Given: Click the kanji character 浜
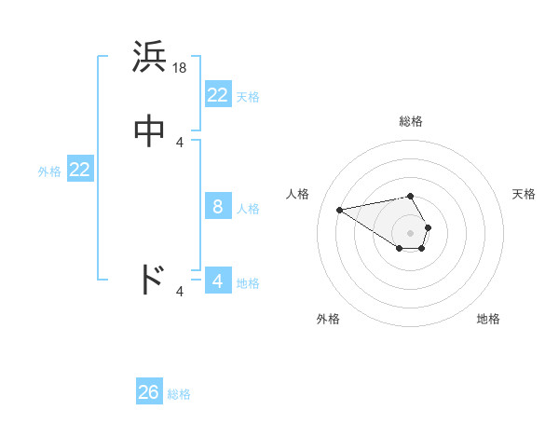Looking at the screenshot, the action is (150, 59).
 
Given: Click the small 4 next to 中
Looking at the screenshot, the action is (180, 143).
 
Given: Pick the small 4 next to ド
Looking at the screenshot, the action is (180, 293).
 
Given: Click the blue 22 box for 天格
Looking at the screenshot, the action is (218, 95).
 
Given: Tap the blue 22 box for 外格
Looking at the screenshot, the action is (80, 170).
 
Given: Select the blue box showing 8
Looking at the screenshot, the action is (218, 207).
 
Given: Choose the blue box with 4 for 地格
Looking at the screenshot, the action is (218, 281).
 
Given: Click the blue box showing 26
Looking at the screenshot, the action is (149, 392).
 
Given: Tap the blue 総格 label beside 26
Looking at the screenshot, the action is (179, 394).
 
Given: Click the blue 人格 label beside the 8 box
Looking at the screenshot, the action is (248, 209).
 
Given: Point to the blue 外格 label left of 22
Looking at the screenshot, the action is (49, 171).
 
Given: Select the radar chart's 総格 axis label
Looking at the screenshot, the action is (411, 121).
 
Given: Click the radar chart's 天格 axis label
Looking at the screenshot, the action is (524, 194).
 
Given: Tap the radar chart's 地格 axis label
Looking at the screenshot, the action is (488, 319).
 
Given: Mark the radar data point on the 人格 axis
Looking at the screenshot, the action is (339, 209).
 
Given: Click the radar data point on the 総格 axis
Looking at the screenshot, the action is (411, 196).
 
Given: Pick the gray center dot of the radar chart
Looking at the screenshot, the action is (411, 232).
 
